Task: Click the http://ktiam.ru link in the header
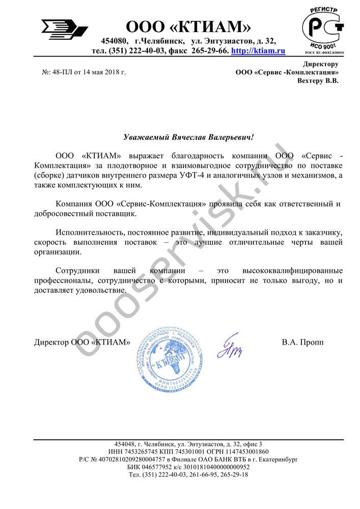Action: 258,51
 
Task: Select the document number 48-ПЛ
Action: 63,72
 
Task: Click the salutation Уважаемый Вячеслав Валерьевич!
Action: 188,137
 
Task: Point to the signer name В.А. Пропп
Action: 302,342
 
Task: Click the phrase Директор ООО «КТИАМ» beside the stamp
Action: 82,343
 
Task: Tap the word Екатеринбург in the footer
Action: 276,459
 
